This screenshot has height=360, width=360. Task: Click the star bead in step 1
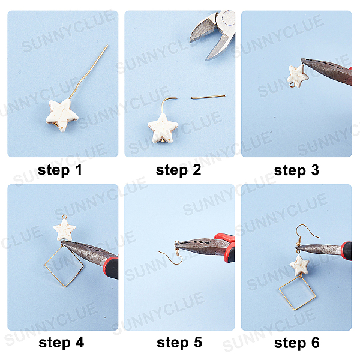point(62,115)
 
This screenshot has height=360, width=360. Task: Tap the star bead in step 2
point(163,128)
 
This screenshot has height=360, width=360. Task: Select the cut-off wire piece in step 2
point(209,97)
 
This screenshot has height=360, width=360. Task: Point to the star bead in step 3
point(298,76)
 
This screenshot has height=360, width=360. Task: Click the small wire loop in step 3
point(292,85)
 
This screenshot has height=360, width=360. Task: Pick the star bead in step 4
point(65,230)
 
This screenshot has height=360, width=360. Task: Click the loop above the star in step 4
point(65,217)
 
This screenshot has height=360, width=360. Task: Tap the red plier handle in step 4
point(111,268)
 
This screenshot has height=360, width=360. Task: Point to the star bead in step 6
point(299,266)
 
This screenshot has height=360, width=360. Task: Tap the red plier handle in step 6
point(346,251)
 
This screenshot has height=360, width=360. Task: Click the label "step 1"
point(59,170)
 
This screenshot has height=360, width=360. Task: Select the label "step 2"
point(178,170)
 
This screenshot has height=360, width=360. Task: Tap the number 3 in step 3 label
point(315,170)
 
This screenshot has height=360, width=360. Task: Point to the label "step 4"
point(61,343)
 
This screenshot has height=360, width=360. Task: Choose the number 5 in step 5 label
point(198,343)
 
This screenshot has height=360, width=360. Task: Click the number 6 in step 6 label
point(315,343)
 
